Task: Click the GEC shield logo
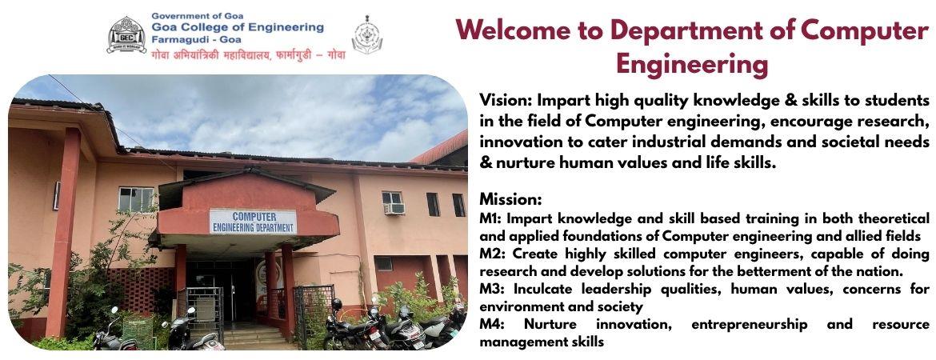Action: (x=126, y=34)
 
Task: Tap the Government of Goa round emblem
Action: (x=367, y=34)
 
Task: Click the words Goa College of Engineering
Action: (x=238, y=27)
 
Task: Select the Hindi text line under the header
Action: (x=248, y=54)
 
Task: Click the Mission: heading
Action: (x=510, y=198)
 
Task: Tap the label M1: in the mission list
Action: (x=491, y=218)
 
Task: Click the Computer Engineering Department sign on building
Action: (x=253, y=222)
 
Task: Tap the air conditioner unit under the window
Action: (x=394, y=209)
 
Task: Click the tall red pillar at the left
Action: (x=63, y=233)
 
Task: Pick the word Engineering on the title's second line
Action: (x=692, y=65)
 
